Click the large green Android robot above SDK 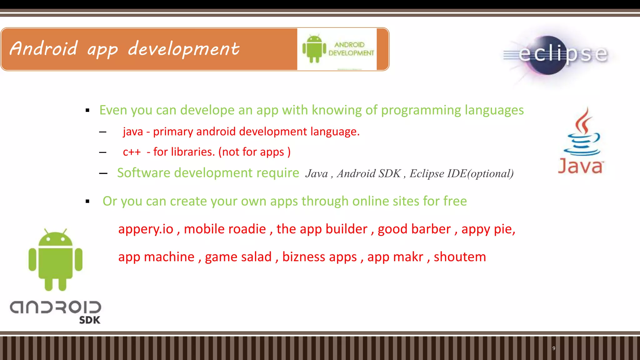(x=56, y=259)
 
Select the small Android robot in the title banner (x=314, y=49)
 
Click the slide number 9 (x=554, y=348)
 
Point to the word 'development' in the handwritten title (x=184, y=49)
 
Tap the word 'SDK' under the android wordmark (x=90, y=320)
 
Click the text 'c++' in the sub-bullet (x=132, y=152)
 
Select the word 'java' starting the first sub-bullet (x=133, y=132)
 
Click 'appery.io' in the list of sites (x=146, y=229)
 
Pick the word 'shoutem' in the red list (x=460, y=257)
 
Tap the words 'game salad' (x=238, y=257)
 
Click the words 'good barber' (x=414, y=229)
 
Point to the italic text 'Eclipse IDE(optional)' (x=461, y=173)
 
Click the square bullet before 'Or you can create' (x=87, y=202)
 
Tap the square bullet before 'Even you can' (x=87, y=110)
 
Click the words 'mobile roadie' (x=225, y=229)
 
